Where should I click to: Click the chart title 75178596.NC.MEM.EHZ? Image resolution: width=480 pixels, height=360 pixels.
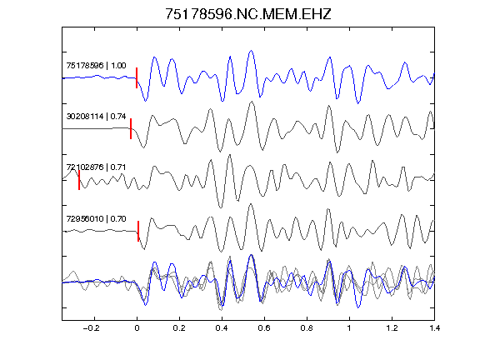[x=248, y=14]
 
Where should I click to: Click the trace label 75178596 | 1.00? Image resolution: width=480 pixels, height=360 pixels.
[x=96, y=66]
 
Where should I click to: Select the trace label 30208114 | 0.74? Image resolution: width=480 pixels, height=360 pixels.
[x=96, y=117]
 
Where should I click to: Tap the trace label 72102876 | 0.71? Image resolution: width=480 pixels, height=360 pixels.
[x=96, y=167]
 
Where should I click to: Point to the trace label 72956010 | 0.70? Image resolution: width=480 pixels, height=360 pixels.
[x=96, y=219]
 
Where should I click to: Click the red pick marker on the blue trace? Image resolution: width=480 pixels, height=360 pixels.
[x=137, y=78]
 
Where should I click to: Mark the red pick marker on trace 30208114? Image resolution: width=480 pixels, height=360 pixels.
[x=131, y=129]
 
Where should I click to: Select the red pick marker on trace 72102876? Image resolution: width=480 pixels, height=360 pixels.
[x=79, y=180]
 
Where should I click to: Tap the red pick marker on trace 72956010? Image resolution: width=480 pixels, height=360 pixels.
[x=138, y=231]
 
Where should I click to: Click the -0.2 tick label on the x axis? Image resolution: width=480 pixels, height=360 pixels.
[x=92, y=328]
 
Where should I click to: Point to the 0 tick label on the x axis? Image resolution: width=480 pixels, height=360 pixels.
[x=137, y=328]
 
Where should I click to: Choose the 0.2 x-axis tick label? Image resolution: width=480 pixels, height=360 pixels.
[x=179, y=328]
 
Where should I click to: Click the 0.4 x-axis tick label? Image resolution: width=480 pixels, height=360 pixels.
[x=222, y=328]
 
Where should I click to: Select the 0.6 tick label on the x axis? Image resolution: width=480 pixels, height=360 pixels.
[x=264, y=328]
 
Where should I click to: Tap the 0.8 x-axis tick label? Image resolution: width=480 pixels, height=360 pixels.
[x=307, y=328]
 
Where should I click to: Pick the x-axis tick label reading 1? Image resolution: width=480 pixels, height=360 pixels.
[x=349, y=328]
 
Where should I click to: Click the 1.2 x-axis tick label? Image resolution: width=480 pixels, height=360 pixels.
[x=392, y=328]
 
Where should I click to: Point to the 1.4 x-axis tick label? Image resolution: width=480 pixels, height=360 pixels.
[x=434, y=328]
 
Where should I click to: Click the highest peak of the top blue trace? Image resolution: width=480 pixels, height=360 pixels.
[x=252, y=51]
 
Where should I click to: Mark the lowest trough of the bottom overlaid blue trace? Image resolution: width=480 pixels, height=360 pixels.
[x=358, y=307]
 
